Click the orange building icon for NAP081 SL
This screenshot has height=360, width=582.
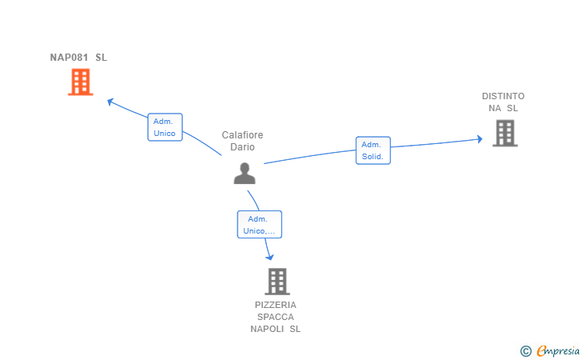(81, 82)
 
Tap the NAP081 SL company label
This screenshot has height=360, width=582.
(78, 58)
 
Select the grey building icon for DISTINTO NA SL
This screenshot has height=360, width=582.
(504, 133)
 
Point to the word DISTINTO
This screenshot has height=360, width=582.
(503, 96)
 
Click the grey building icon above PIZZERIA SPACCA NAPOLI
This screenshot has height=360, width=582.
(277, 282)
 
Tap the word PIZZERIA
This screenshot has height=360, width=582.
(275, 305)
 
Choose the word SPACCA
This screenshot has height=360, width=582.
(275, 317)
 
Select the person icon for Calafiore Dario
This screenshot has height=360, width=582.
(245, 173)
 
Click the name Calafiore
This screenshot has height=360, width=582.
(242, 135)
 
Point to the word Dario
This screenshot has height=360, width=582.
(242, 146)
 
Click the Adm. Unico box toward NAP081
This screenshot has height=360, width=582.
(165, 127)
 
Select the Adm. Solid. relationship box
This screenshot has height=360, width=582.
(373, 150)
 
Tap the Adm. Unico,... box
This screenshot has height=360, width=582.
(260, 224)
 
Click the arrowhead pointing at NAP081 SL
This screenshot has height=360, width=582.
(110, 102)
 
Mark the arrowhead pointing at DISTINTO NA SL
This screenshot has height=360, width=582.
(480, 139)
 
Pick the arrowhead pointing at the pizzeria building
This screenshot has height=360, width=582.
(270, 257)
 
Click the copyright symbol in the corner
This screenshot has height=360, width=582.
(525, 351)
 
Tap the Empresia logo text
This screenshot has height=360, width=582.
(558, 350)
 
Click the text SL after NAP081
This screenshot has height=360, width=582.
(102, 58)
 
